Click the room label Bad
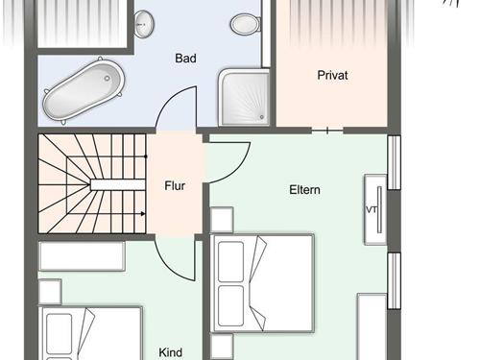(185, 59)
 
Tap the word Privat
(332, 75)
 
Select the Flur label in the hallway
(175, 185)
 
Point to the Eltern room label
(304, 190)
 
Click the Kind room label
(171, 352)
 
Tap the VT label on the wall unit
(372, 210)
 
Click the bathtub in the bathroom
(84, 90)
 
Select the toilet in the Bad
(246, 24)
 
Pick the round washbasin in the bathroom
(144, 24)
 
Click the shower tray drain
(262, 117)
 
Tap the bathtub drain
(107, 78)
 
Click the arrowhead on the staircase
(143, 214)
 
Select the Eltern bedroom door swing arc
(238, 170)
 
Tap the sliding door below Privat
(327, 131)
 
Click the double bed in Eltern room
(262, 283)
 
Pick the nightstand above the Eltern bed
(222, 220)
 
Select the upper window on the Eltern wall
(395, 163)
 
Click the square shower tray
(245, 97)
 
